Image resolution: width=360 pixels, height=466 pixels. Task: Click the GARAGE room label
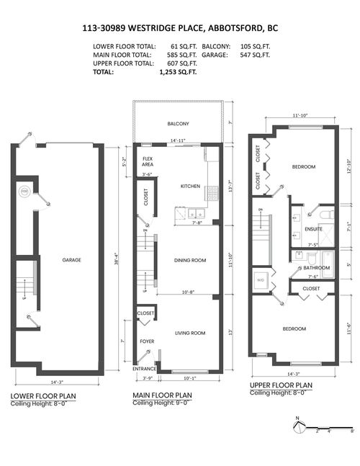pos(71,260)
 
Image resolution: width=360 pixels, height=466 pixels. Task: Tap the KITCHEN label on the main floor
pos(190,186)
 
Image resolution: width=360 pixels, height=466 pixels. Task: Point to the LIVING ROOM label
pos(190,333)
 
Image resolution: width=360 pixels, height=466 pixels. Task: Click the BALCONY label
pos(179,124)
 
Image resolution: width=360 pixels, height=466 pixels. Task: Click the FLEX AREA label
pos(148,161)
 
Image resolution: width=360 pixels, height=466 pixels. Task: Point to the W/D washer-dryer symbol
pos(261,281)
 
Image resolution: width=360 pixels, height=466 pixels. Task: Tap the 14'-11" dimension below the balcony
pos(178,141)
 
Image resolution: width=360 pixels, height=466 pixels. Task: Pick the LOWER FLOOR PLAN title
pos(45,396)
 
